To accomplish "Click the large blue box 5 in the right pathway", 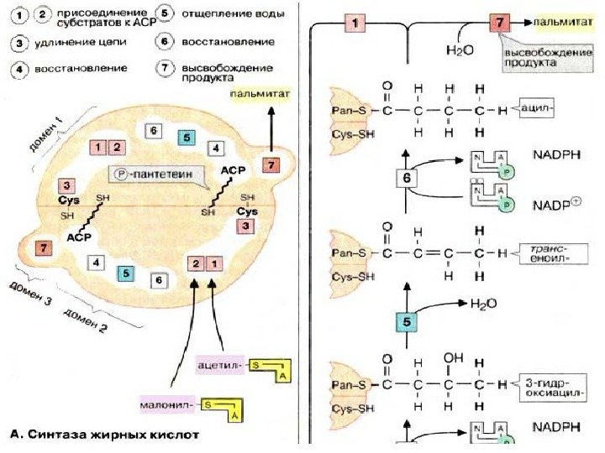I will pyautogui.click(x=406, y=322).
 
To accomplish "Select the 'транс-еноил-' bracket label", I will pyautogui.click(x=547, y=253).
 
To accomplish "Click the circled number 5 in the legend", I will pyautogui.click(x=166, y=15).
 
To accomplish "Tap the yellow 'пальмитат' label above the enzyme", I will pyautogui.click(x=260, y=95).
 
